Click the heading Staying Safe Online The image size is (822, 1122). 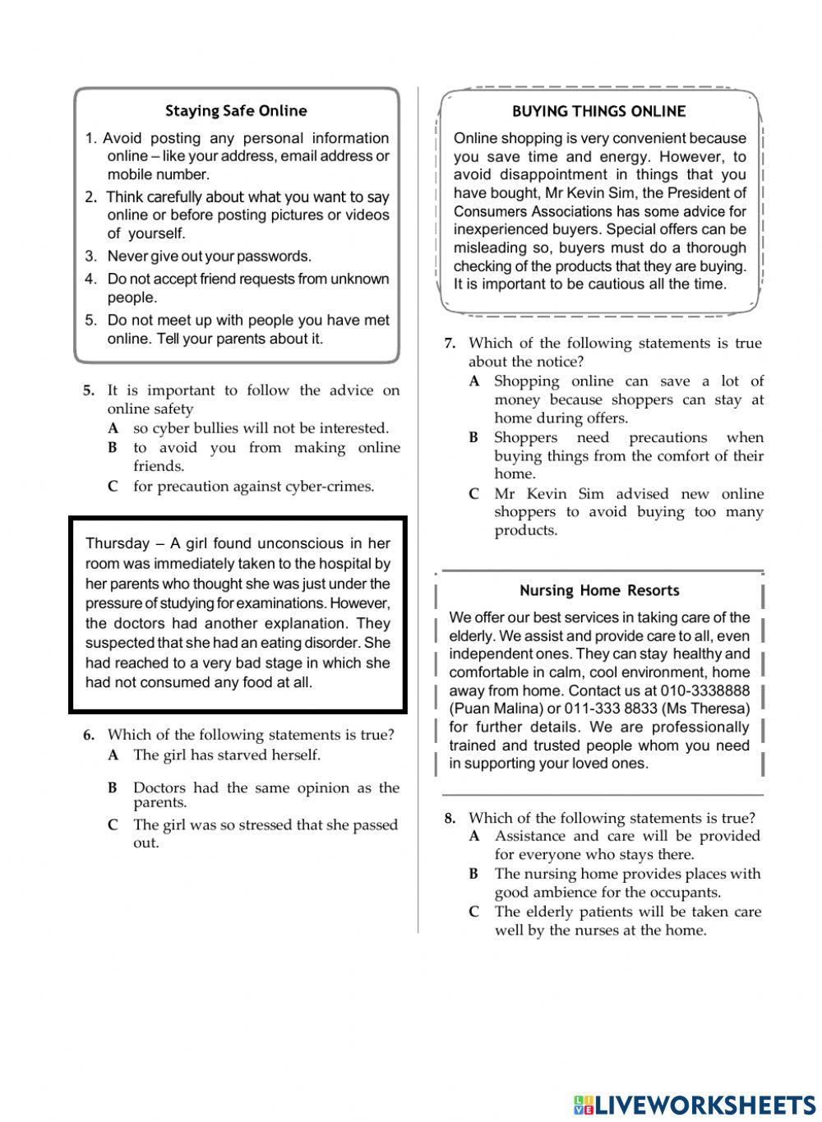pos(236,111)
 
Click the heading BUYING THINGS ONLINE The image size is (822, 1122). pos(598,111)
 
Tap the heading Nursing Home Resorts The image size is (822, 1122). pos(599,590)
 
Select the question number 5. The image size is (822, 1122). pos(89,391)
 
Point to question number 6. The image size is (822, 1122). pos(89,736)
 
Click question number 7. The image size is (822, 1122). pos(450,344)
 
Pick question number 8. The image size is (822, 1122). pos(450,819)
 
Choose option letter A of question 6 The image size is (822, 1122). pos(113,755)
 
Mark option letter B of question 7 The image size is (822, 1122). pos(473,438)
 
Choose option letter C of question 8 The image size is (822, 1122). pos(473,912)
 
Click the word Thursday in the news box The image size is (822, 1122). pos(118,543)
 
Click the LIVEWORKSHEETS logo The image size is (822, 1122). pos(695,1104)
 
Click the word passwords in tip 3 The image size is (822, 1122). pos(274,256)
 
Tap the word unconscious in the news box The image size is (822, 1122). pos(300,543)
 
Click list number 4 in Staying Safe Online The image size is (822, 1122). pos(90,279)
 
